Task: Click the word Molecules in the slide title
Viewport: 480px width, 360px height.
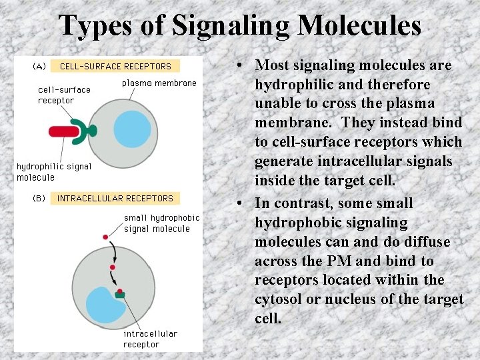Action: [x=359, y=26]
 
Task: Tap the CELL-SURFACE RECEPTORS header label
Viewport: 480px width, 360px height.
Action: [x=115, y=66]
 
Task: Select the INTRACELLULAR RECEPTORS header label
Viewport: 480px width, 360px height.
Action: [x=115, y=198]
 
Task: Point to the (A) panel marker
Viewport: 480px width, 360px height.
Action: [x=39, y=66]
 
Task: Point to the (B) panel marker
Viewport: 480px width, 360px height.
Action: [x=39, y=198]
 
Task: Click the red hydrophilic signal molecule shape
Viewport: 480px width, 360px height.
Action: [x=63, y=131]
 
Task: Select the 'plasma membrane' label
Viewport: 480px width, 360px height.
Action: [x=159, y=83]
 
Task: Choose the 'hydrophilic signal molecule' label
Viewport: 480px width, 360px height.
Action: [x=53, y=172]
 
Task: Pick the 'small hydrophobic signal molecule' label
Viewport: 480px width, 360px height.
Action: [x=161, y=223]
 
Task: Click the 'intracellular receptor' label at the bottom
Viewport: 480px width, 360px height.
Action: [x=150, y=339]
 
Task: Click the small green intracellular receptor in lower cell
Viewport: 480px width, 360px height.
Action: [x=121, y=293]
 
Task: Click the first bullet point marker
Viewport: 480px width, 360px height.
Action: [x=237, y=66]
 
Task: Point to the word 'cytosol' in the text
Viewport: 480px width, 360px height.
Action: [x=278, y=299]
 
